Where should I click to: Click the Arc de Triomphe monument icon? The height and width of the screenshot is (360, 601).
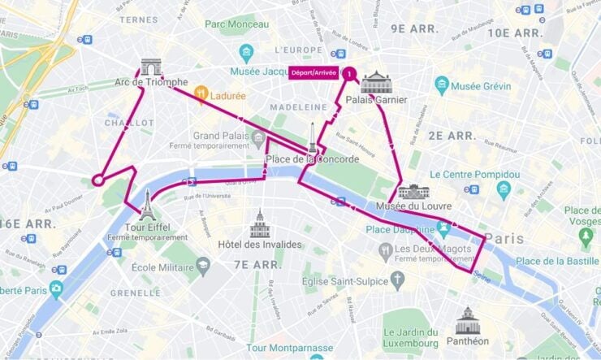pyautogui.click(x=151, y=67)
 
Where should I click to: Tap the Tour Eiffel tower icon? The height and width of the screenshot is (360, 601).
pyautogui.click(x=147, y=206)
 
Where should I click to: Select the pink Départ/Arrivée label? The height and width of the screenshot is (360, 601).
pyautogui.click(x=314, y=73)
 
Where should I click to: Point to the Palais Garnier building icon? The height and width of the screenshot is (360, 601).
pyautogui.click(x=376, y=82)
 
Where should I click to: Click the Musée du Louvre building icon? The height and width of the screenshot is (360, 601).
pyautogui.click(x=413, y=192)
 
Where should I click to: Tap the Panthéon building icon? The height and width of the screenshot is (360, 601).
pyautogui.click(x=467, y=321)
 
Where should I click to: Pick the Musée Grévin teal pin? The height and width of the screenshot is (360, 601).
pyautogui.click(x=442, y=85)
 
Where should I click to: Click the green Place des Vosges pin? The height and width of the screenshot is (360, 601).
pyautogui.click(x=586, y=237)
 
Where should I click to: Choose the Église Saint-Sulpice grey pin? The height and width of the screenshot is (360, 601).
pyautogui.click(x=397, y=281)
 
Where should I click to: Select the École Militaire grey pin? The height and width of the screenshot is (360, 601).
pyautogui.click(x=203, y=265)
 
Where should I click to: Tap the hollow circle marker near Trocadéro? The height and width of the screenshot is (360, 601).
pyautogui.click(x=98, y=180)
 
